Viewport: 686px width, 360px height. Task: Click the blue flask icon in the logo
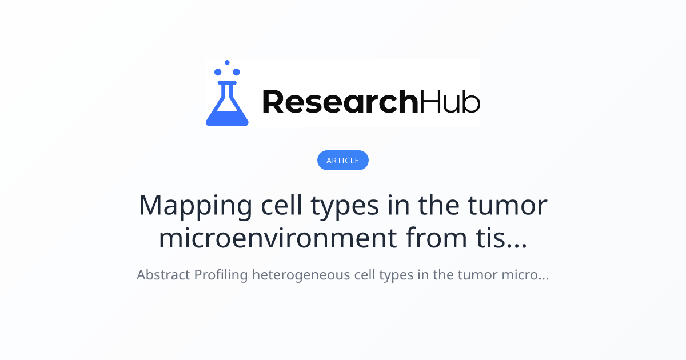point(227,104)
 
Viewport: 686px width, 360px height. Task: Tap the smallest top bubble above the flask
point(227,62)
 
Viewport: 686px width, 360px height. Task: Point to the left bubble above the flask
point(218,72)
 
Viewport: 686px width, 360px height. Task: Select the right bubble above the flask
point(237,72)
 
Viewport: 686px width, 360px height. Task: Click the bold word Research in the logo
point(340,102)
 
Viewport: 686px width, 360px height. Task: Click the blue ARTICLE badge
point(342,160)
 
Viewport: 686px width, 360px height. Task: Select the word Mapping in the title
point(196,206)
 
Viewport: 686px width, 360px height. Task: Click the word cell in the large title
point(281,205)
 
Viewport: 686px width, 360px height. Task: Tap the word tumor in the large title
point(508,206)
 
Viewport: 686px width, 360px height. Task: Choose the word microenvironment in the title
point(278,238)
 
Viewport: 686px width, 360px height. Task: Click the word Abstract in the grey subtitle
point(163,275)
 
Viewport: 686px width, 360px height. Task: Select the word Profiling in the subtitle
point(221,275)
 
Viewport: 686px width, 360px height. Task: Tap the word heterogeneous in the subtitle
point(301,275)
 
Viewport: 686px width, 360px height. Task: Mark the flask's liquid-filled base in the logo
point(227,118)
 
